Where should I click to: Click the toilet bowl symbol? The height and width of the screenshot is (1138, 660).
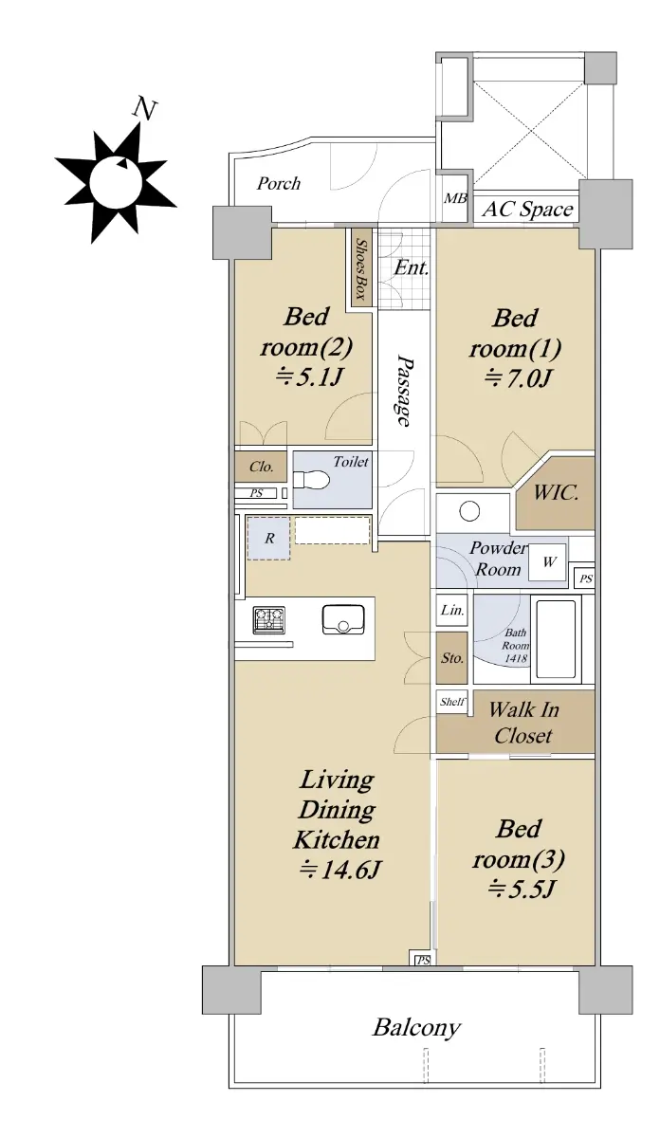pos(311,480)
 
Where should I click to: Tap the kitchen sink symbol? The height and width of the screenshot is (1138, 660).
pos(343,619)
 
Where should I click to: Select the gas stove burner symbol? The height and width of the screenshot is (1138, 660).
pos(268,620)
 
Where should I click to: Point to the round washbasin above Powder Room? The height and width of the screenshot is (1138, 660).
pos(469,510)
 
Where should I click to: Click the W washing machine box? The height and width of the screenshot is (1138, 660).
pos(547,561)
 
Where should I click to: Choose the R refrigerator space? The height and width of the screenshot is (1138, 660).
pos(268,538)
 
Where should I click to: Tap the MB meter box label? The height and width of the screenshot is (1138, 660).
pos(455,198)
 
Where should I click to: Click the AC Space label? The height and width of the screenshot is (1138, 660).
pos(527,209)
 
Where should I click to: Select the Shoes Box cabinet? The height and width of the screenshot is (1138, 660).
pos(360,268)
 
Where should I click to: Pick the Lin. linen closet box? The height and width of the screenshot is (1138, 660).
pos(451,610)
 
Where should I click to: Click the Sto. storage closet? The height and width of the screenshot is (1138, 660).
pos(451,658)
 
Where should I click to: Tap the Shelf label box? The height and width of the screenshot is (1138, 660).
pos(451,702)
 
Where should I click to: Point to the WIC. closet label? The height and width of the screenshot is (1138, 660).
pos(556,492)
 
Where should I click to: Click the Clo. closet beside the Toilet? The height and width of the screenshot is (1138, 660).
pos(261,467)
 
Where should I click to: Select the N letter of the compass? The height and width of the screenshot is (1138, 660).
pos(145,109)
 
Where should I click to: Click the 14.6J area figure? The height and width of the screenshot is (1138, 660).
pos(339,871)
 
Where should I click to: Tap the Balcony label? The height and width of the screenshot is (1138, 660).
pos(416,1028)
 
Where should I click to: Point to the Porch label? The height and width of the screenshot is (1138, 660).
pos(279,183)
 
